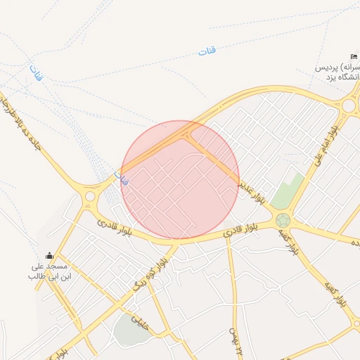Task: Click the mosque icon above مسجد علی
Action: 49,255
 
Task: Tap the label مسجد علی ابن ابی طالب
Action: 47,271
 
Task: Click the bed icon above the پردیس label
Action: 353,56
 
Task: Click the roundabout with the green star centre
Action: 283,220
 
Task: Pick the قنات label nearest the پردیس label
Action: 207,51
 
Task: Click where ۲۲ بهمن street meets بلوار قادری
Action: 228,239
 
